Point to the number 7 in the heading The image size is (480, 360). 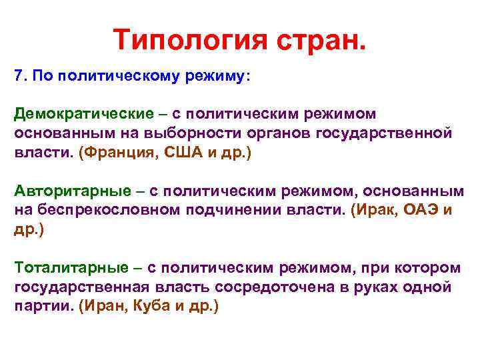tap(18, 77)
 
